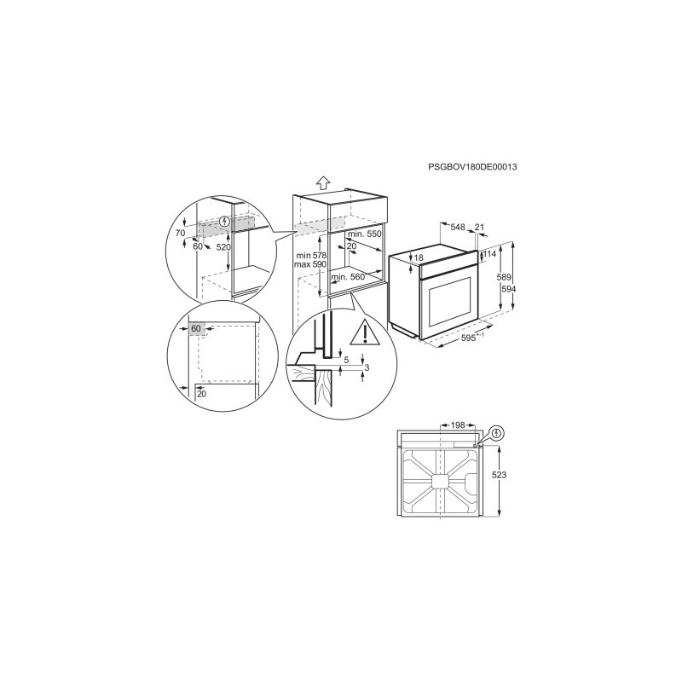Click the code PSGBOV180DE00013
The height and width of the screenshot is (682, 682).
[472, 166]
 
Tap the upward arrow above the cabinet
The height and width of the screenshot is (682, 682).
[322, 182]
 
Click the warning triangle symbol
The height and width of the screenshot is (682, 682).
[365, 332]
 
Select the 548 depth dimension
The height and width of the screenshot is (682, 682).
[458, 227]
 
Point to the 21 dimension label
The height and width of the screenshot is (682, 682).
[479, 227]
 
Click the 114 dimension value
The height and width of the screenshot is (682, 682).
[489, 254]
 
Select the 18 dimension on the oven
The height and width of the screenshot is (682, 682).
[419, 258]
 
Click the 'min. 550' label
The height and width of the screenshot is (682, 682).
[365, 234]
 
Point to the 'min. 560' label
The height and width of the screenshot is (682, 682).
[348, 277]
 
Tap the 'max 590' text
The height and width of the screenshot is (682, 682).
[310, 264]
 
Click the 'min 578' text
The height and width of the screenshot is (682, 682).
[311, 255]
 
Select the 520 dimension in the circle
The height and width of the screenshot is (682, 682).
[223, 247]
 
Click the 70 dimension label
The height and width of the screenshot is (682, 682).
[180, 233]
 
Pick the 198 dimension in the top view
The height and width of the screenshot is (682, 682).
[457, 425]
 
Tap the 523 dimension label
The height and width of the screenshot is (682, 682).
[499, 475]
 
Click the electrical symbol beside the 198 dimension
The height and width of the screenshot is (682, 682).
[498, 433]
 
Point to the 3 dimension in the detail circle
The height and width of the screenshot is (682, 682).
[367, 368]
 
